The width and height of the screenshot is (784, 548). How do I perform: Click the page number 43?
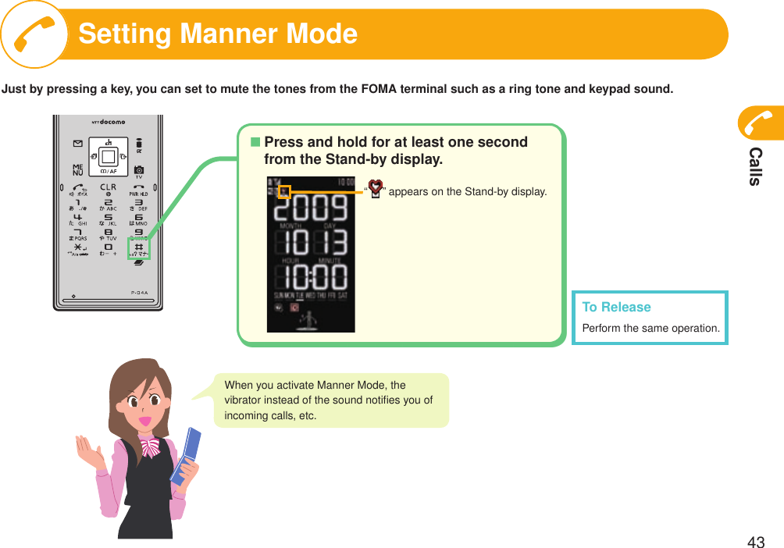(755, 543)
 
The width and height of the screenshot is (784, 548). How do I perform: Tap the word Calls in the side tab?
(755, 165)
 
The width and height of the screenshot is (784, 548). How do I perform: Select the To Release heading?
(616, 307)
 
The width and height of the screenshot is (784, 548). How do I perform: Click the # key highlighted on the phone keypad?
(138, 249)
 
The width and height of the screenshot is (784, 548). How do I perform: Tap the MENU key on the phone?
(78, 170)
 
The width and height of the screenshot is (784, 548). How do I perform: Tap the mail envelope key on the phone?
(78, 144)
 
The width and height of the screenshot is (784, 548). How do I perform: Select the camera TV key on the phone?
(138, 170)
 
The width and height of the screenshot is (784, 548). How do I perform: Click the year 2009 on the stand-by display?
(311, 209)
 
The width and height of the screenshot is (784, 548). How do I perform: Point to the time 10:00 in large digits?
(311, 276)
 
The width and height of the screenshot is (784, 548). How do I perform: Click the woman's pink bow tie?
(148, 446)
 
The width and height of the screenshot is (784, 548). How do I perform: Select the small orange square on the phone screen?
(284, 191)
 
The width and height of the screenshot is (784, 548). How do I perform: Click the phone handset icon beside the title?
(34, 34)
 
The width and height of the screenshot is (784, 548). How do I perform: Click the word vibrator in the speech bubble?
(244, 400)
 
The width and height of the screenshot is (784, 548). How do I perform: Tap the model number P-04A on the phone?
(140, 294)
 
